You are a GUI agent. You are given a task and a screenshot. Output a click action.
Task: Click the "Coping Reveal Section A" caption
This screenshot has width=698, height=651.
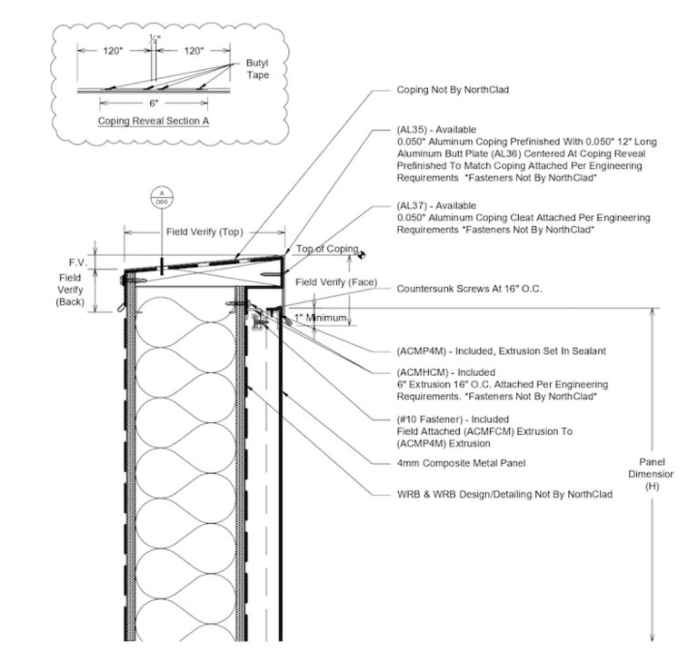(x=154, y=119)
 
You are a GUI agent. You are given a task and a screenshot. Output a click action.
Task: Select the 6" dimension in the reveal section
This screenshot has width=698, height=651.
(x=153, y=103)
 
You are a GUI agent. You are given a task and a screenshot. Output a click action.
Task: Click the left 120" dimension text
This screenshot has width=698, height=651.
(x=114, y=52)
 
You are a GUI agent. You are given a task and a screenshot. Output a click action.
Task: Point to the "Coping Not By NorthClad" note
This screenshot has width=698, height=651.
(x=452, y=90)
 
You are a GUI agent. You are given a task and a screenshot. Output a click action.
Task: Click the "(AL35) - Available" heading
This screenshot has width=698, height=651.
(x=436, y=130)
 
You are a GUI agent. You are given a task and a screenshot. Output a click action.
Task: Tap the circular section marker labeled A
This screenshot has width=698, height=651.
(x=162, y=197)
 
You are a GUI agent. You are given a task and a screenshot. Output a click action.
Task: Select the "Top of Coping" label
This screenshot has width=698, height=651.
(x=327, y=249)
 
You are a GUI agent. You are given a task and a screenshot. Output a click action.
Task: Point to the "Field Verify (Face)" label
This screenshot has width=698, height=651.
(x=337, y=282)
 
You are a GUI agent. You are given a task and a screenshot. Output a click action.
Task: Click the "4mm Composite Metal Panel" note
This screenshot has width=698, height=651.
(x=462, y=463)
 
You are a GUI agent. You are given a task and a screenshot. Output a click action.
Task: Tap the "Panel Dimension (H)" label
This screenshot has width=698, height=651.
(x=653, y=473)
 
